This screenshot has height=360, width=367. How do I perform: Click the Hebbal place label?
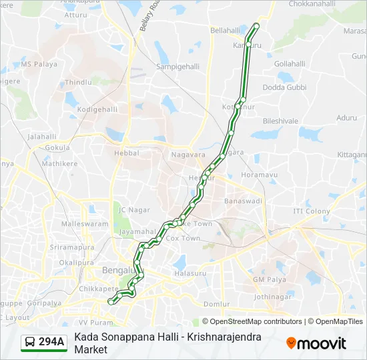[127, 153]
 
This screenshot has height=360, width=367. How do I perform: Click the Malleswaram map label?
[84, 224]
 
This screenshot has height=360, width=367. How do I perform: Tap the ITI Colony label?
[312, 211]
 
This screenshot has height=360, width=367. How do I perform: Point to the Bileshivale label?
[280, 121]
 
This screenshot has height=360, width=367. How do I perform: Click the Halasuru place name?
[187, 274]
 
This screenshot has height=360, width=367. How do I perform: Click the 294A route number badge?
[51, 342]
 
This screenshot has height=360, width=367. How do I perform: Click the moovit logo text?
[322, 343]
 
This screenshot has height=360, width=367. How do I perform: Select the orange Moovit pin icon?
[292, 343]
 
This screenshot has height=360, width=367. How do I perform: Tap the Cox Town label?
[183, 238]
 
